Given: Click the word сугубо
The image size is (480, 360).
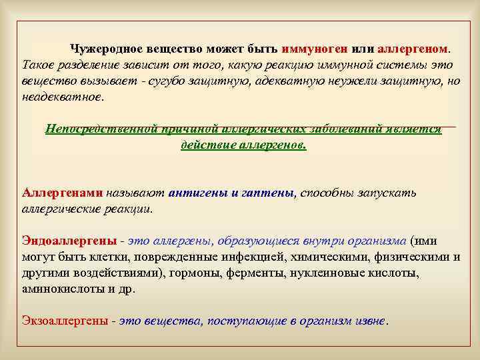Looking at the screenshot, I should click(178, 80).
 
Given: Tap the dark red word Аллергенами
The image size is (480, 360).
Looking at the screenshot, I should click(62, 193).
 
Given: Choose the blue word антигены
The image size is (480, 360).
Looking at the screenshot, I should click(199, 193).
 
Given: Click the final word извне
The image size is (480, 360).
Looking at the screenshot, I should click(369, 321).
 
